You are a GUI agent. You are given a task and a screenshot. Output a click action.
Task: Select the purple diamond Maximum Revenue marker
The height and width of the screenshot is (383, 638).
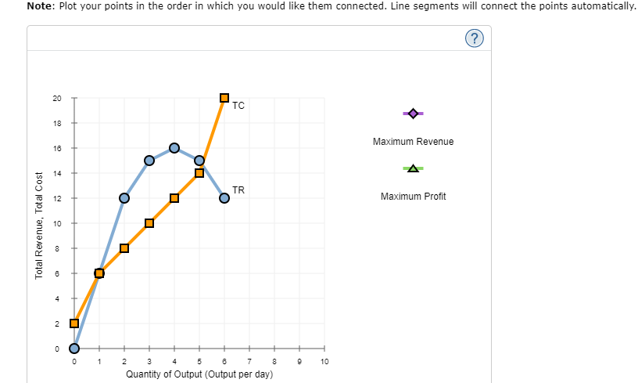point(413,114)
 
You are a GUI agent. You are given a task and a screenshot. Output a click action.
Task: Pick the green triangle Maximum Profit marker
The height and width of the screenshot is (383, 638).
point(413,168)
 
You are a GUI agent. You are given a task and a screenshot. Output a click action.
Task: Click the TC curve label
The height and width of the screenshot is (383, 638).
point(238,106)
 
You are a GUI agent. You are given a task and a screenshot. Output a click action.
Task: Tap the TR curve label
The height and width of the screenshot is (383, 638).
point(238,190)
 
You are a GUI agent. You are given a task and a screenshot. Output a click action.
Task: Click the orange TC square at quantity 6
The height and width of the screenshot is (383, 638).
point(224,98)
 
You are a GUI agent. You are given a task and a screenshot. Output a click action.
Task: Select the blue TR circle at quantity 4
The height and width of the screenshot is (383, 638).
point(174,148)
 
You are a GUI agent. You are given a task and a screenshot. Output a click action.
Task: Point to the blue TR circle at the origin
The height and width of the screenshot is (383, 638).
point(74,349)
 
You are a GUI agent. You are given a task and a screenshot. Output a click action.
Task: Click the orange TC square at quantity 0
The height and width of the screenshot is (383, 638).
point(74,323)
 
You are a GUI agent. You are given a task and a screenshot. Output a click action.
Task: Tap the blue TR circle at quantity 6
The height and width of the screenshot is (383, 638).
point(224,198)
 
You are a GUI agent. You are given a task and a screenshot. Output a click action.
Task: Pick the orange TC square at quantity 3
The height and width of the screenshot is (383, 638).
point(149,223)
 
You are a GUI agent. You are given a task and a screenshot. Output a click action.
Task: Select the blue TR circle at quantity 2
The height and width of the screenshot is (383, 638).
point(124,198)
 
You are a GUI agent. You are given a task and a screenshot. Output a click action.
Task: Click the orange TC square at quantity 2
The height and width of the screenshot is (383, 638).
point(124,248)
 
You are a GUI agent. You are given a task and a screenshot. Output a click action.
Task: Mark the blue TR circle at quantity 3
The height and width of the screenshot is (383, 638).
point(149,161)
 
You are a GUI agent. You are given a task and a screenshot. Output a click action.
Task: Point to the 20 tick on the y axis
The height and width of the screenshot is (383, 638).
point(56,98)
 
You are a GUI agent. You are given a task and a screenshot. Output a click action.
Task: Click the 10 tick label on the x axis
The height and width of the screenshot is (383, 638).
point(324,362)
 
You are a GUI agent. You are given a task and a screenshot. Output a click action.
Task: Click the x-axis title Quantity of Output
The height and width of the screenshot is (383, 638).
point(199,374)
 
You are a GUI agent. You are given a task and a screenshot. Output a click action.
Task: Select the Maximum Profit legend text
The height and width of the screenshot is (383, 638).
point(413,196)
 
